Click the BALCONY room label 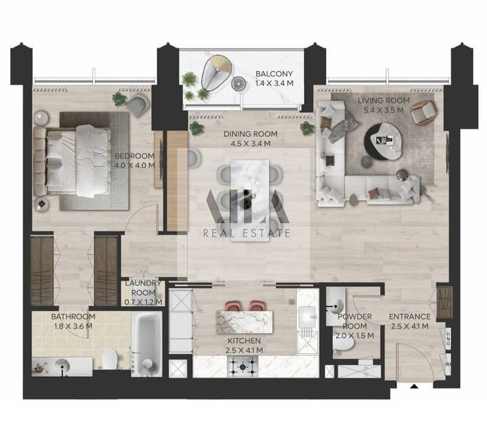click(275, 74)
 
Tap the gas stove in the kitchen click(243, 367)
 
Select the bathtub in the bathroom click(146, 344)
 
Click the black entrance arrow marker click(414, 387)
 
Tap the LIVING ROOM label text click(384, 100)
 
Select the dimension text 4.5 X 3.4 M click(250, 144)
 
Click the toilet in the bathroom click(110, 359)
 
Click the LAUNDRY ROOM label click(143, 287)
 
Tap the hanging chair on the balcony click(216, 73)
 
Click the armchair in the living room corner click(424, 113)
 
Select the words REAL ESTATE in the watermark click(247, 233)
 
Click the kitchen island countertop click(245, 322)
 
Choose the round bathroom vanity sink click(62, 366)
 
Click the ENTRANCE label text click(410, 317)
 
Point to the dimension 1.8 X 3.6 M click(73, 326)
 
